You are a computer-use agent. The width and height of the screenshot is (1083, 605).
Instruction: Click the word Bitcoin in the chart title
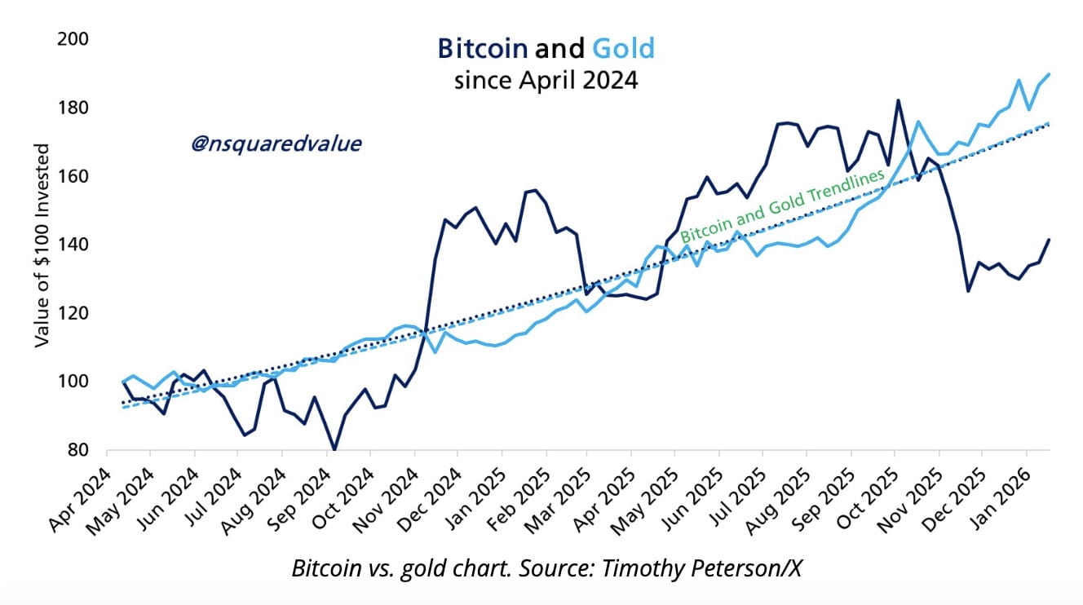pyautogui.click(x=483, y=49)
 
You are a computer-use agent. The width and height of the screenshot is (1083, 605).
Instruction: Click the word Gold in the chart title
pyautogui.click(x=623, y=49)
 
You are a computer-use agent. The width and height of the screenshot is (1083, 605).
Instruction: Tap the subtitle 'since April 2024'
pyautogui.click(x=546, y=82)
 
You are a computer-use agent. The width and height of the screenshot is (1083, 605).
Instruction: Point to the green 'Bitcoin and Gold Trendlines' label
pyautogui.click(x=782, y=207)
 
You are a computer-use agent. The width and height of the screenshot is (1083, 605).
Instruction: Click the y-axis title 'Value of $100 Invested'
pyautogui.click(x=42, y=245)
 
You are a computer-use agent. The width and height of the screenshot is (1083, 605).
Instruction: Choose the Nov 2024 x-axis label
pyautogui.click(x=389, y=499)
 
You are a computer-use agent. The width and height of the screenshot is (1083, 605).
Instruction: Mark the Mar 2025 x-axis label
pyautogui.click(x=564, y=499)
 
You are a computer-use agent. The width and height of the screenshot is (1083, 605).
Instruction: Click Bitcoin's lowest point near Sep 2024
pyautogui.click(x=334, y=448)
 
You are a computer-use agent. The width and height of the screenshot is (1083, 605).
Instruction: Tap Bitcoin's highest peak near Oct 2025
pyautogui.click(x=898, y=100)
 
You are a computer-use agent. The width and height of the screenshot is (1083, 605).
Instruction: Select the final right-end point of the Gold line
pyautogui.click(x=1049, y=74)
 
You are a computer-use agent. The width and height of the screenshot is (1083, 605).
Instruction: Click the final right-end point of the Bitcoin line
pyautogui.click(x=1049, y=239)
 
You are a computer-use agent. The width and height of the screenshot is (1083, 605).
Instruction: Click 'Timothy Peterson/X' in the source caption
pyautogui.click(x=702, y=569)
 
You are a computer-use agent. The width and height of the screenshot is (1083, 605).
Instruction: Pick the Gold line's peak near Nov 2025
pyautogui.click(x=918, y=121)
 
